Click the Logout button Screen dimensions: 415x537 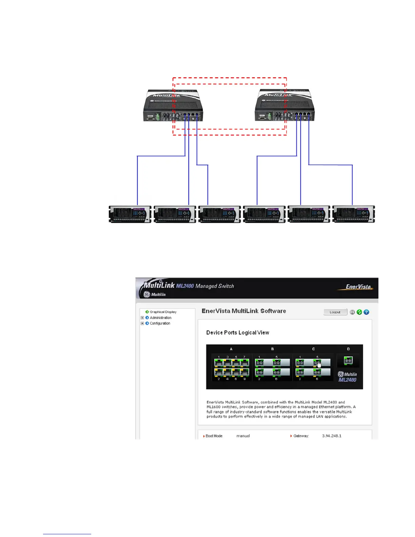click(x=335, y=312)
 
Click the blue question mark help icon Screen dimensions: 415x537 click(x=367, y=312)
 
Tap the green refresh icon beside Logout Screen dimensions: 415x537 click(x=359, y=312)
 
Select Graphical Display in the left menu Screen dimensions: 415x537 click(x=163, y=312)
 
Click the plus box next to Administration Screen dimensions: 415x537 click(x=142, y=318)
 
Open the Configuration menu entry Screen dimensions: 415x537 click(x=160, y=323)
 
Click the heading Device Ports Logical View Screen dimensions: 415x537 click(x=238, y=333)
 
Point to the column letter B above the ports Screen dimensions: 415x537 click(x=272, y=349)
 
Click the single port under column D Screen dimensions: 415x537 click(x=348, y=361)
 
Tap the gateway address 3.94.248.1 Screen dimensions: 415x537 click(x=332, y=436)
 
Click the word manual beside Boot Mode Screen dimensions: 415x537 click(x=243, y=436)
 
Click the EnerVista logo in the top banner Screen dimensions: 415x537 click(x=358, y=287)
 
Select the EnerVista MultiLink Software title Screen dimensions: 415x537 click(x=244, y=311)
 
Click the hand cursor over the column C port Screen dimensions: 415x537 click(x=319, y=364)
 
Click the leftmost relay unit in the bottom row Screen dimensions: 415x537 click(x=130, y=214)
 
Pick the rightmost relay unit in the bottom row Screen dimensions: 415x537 click(x=354, y=214)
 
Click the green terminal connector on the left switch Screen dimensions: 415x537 click(x=158, y=117)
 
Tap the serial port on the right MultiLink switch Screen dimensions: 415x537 click(x=262, y=117)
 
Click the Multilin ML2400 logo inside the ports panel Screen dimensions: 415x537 click(x=347, y=377)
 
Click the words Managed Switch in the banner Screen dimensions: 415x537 click(x=215, y=286)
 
